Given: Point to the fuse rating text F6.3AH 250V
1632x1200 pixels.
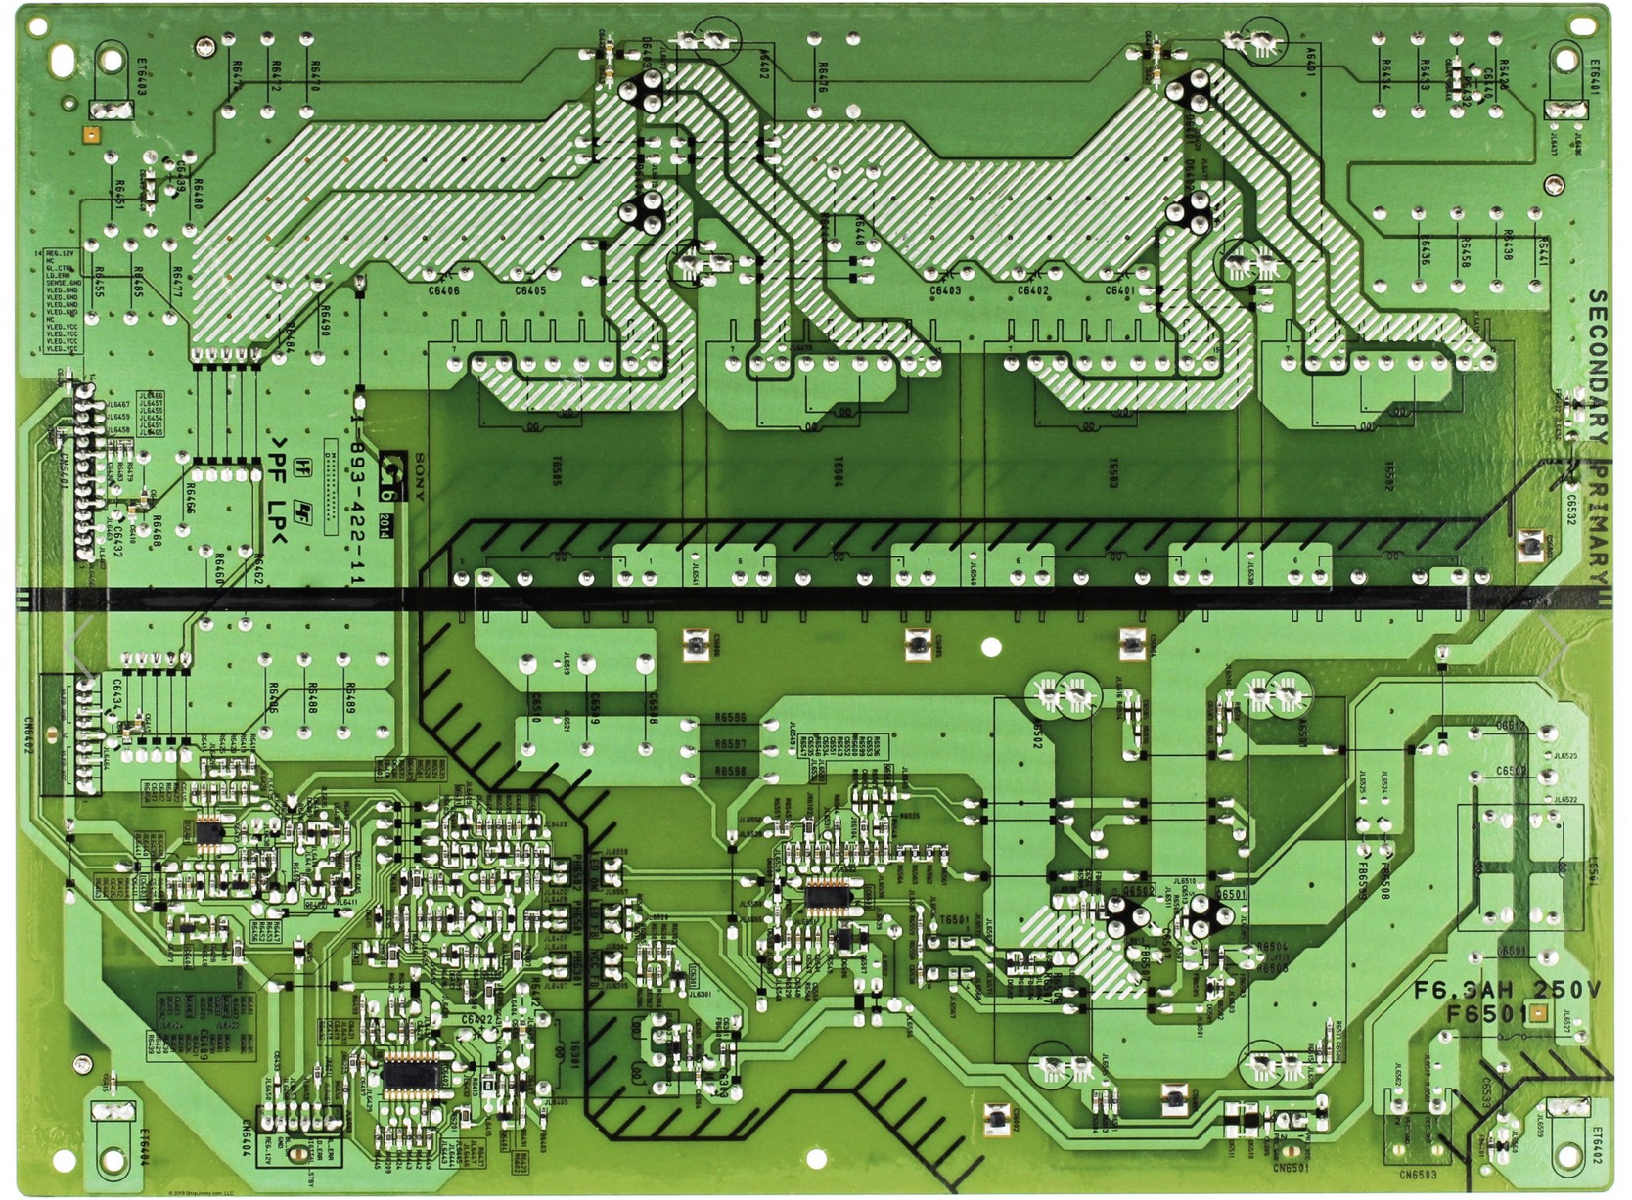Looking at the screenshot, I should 1507,991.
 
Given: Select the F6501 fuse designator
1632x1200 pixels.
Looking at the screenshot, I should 1487,1014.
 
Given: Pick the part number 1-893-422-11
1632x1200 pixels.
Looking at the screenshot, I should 358,504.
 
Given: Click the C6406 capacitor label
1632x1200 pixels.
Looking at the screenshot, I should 443,290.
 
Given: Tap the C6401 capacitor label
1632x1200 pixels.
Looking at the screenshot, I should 1119,290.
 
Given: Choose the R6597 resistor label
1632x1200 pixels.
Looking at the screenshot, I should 731,744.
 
